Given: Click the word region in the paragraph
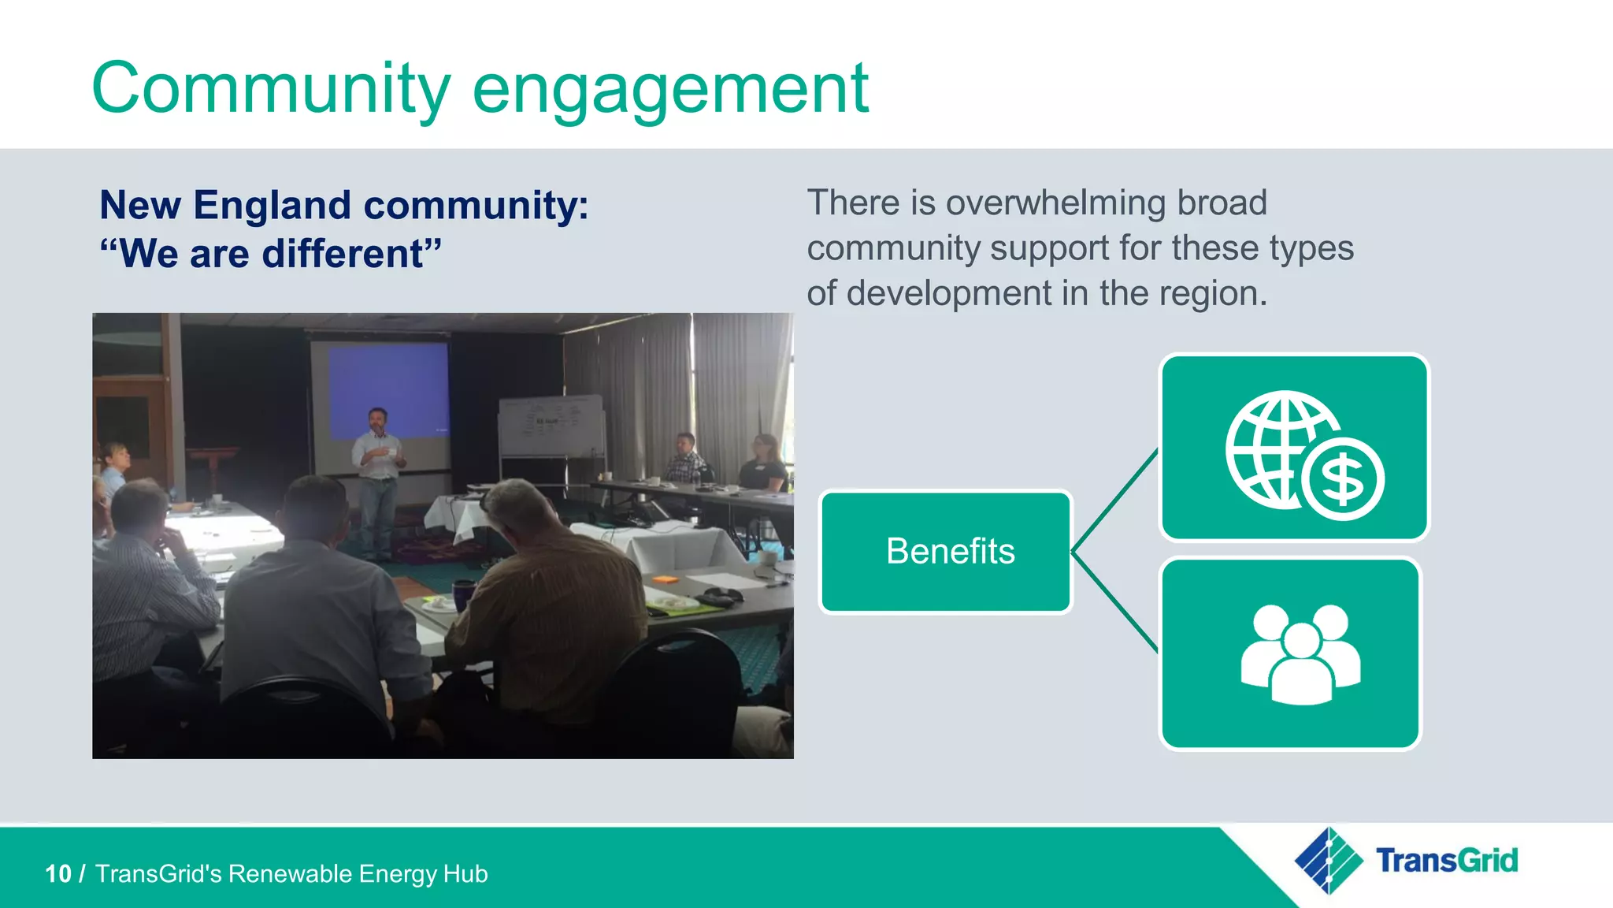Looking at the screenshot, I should [1221, 293].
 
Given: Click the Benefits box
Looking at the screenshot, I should [947, 552].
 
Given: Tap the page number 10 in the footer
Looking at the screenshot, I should [58, 874].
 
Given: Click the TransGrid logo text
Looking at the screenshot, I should [1446, 860].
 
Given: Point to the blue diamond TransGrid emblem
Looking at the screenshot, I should [1329, 860].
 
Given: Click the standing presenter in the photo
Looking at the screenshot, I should [377, 481].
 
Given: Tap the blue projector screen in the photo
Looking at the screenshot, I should [388, 392].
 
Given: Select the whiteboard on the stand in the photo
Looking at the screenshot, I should [551, 426].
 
